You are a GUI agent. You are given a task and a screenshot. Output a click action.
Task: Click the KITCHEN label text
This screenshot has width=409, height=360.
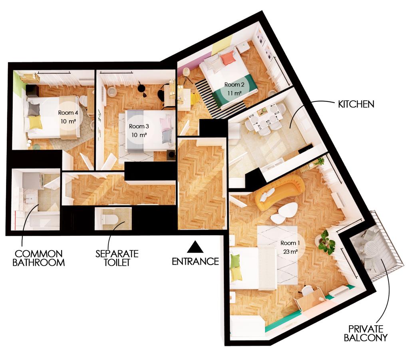pos(356,104)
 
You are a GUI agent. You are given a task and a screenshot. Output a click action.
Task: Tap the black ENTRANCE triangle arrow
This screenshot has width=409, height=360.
pos(195,247)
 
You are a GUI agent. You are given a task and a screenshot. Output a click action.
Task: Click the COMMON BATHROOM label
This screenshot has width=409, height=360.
pos(38,258)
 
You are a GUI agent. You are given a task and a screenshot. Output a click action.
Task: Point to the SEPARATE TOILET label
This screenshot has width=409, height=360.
pos(117,258)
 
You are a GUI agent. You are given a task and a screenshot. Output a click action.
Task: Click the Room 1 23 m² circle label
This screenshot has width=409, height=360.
pos(289,247)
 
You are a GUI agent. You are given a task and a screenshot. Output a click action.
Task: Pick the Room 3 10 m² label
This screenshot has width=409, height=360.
pos(139,130)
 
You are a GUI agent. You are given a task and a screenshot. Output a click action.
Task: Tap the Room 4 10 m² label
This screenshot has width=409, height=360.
pos(68,117)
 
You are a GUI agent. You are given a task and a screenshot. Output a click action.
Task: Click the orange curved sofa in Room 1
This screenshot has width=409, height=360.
pos(280,191)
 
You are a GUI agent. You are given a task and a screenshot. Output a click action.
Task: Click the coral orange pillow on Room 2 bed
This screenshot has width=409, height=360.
pos(228,58)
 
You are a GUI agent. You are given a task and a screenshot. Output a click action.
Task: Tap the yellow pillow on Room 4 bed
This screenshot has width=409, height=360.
pos(35,122)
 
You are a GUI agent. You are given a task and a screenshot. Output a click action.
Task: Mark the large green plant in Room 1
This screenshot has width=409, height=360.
pos(326,242)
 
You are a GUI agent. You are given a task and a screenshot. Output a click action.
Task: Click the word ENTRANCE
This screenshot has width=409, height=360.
pos(195,262)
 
